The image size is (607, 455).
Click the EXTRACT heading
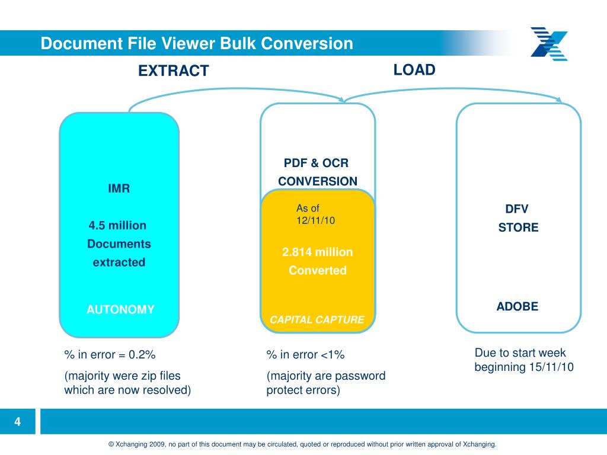[173, 71]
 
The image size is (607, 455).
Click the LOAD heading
[414, 70]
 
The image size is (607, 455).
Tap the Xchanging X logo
[549, 44]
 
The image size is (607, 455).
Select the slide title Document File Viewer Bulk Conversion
[197, 43]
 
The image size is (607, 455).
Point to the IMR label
[119, 189]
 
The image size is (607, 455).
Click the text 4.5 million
[117, 226]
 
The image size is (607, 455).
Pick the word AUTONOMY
[120, 309]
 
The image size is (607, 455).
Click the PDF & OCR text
[316, 163]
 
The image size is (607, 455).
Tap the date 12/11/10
[316, 220]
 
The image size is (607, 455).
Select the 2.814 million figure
[317, 252]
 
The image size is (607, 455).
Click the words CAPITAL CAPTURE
[317, 320]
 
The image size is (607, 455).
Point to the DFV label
[516, 209]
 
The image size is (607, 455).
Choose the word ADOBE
[517, 306]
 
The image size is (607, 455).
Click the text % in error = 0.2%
[110, 355]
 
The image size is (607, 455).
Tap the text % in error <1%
[305, 355]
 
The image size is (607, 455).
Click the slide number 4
[18, 422]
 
